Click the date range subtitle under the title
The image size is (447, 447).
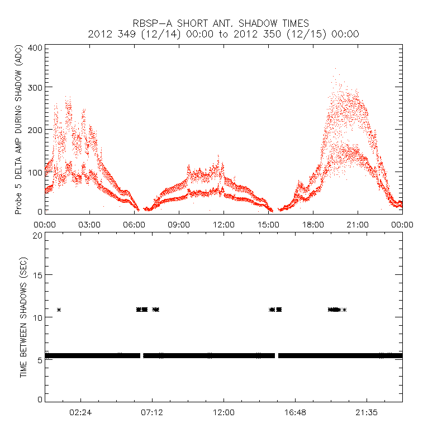click(223, 34)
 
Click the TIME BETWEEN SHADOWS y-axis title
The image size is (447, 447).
click(23, 317)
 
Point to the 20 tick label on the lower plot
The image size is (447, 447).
click(37, 235)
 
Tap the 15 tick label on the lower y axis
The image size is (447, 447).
click(37, 276)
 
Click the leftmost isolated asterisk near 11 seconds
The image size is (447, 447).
click(59, 310)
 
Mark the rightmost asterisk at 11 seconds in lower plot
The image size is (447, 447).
click(344, 310)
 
